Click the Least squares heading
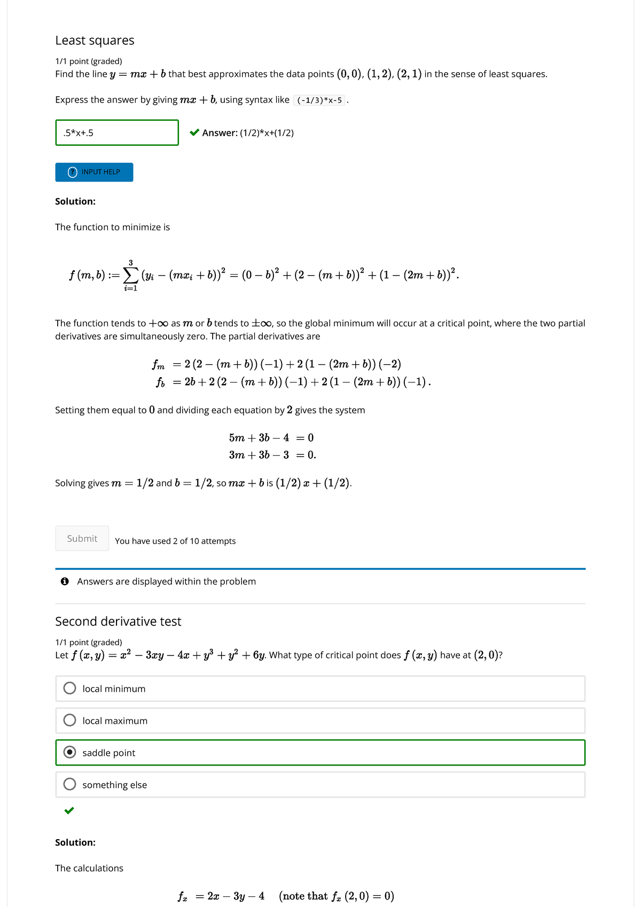click(x=95, y=41)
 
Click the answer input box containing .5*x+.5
click(x=116, y=132)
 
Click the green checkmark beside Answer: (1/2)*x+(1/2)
click(x=195, y=132)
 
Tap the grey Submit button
click(x=82, y=538)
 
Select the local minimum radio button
click(x=70, y=688)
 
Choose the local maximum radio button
click(x=70, y=720)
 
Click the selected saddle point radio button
click(x=70, y=752)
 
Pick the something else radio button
click(x=70, y=784)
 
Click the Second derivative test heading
click(x=118, y=621)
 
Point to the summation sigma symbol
click(x=130, y=275)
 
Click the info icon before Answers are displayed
click(x=65, y=581)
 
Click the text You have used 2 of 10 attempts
click(x=175, y=541)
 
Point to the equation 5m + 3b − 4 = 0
click(x=271, y=438)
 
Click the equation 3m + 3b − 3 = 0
click(x=272, y=455)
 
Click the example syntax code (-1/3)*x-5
click(x=319, y=100)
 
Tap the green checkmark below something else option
click(x=69, y=810)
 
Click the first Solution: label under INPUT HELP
click(x=75, y=201)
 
